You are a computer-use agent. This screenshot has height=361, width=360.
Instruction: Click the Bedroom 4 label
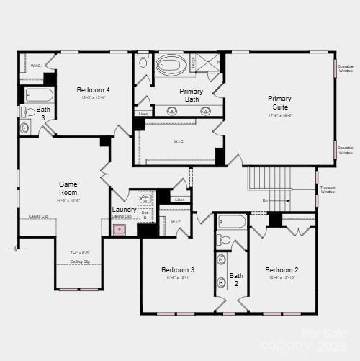(x=93, y=90)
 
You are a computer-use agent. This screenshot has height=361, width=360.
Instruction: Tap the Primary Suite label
(x=279, y=103)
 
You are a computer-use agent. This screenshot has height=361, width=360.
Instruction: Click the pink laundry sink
(x=120, y=230)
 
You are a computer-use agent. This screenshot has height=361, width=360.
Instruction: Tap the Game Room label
(x=68, y=188)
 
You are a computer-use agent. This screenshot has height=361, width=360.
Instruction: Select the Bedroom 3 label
(x=178, y=270)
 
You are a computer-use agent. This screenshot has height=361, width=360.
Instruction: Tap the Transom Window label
(x=328, y=190)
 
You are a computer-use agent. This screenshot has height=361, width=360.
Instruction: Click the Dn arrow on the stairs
(x=276, y=201)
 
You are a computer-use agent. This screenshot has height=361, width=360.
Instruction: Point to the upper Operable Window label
(x=346, y=68)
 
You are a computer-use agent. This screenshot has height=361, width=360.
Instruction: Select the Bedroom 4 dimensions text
(x=93, y=98)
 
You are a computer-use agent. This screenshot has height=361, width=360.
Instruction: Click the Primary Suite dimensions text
(x=279, y=115)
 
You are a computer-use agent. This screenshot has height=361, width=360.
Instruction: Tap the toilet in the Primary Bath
(x=143, y=63)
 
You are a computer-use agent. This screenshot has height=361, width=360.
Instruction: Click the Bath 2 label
(x=236, y=280)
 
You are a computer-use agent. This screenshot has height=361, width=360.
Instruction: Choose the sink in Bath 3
(x=26, y=128)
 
